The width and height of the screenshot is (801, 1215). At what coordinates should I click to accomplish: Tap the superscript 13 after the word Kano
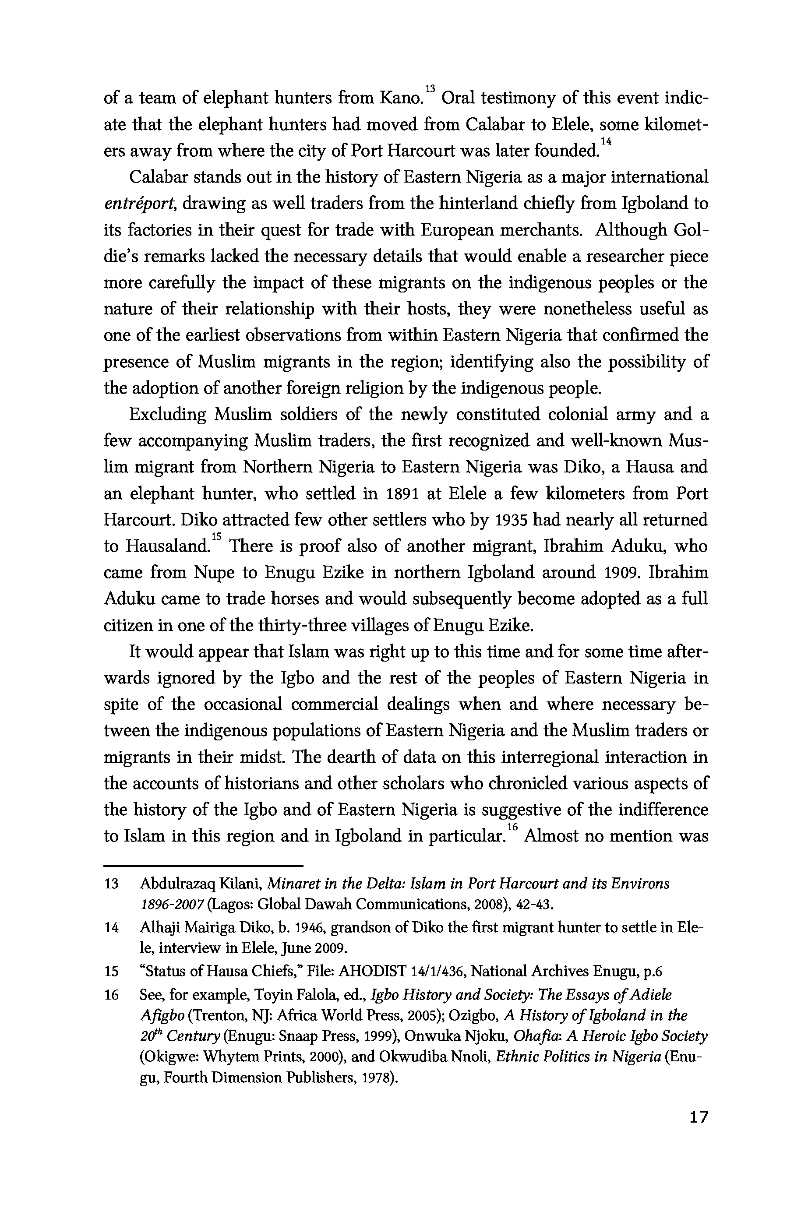[430, 89]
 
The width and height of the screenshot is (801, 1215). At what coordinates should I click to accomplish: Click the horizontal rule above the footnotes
[203, 866]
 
